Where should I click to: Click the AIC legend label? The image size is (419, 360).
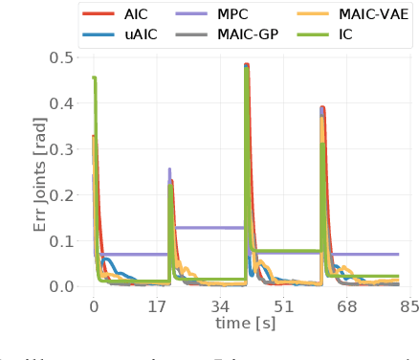click(x=136, y=14)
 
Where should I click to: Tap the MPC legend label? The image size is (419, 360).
click(x=234, y=14)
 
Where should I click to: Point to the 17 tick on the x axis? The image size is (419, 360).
click(x=157, y=307)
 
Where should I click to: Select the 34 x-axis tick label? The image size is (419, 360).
click(x=220, y=307)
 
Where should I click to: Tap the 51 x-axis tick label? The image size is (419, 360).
click(x=283, y=307)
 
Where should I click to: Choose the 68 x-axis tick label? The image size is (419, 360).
click(x=346, y=307)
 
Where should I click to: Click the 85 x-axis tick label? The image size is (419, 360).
click(x=409, y=307)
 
